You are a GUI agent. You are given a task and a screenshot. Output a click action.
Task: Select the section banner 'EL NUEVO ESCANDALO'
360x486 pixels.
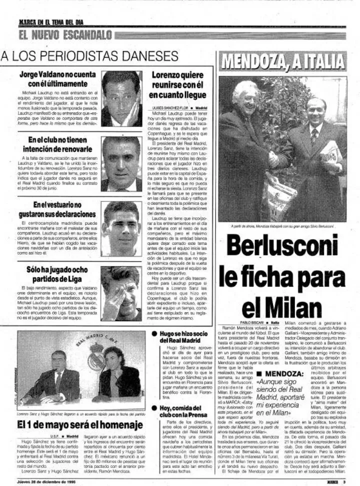(65, 35)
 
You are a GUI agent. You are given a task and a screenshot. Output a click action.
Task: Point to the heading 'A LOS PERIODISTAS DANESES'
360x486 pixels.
(89, 56)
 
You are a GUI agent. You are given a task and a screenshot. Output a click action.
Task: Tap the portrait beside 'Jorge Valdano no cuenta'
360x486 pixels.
(121, 98)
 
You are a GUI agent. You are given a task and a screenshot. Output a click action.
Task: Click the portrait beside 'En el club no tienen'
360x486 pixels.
(121, 164)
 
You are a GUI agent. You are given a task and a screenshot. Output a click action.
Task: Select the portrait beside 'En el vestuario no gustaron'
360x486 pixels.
(121, 228)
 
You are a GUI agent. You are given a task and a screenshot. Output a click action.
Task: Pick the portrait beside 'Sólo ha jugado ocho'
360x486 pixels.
(121, 293)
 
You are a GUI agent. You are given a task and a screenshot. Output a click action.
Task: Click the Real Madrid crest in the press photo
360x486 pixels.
(95, 357)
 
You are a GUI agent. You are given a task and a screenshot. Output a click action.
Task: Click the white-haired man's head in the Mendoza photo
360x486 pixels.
(246, 94)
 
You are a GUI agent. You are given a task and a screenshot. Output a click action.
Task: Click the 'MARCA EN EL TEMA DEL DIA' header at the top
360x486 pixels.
(51, 22)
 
